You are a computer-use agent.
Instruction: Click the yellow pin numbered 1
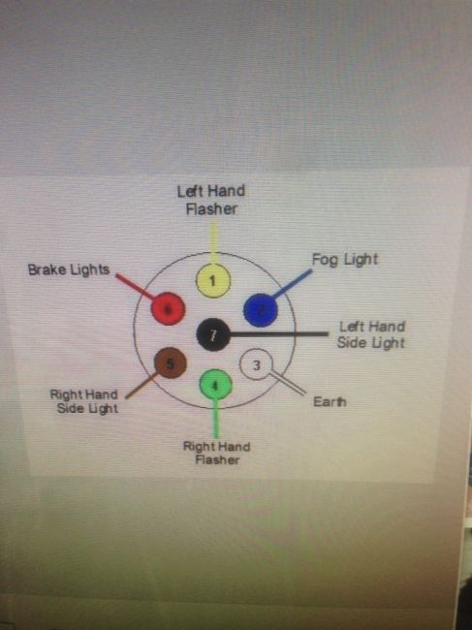coord(213,280)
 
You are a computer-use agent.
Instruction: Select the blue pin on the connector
coord(261,310)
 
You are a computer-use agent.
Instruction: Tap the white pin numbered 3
coord(256,364)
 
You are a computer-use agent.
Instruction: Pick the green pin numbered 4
coord(216,385)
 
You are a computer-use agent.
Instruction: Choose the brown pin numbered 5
coord(171,363)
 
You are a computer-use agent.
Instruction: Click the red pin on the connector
coord(168,308)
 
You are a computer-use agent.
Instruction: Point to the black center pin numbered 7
coord(213,334)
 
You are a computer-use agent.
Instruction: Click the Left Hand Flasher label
coord(211,200)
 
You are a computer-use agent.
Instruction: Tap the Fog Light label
coord(345,260)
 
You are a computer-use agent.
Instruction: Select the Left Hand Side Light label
coord(371,334)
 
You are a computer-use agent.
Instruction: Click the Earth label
coord(330,402)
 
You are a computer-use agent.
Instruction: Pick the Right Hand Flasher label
coord(217,454)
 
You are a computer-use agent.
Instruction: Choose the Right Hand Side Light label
coord(84,401)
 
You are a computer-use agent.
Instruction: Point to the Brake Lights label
coord(69,269)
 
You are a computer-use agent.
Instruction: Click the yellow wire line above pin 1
coord(213,244)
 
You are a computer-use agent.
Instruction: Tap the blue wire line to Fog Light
coord(292,284)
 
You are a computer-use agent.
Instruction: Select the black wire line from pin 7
coord(279,333)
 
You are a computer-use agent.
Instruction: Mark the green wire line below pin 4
coord(216,419)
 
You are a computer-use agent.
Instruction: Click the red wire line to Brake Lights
coord(135,287)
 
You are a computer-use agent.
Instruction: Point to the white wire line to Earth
coord(288,383)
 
